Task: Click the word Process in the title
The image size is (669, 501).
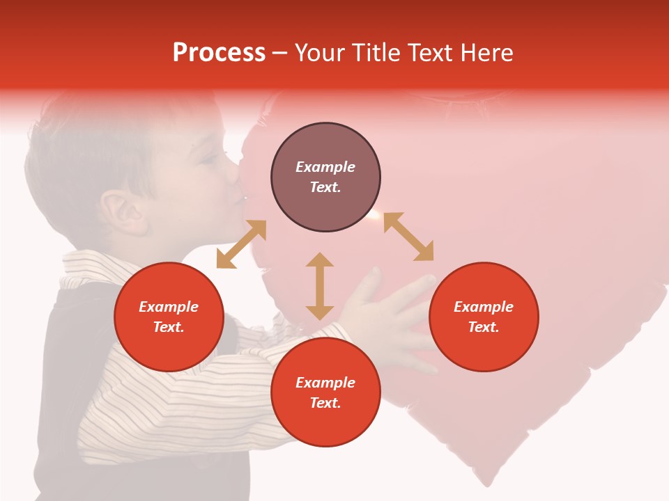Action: pyautogui.click(x=219, y=53)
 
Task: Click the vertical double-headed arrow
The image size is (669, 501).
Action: pyautogui.click(x=320, y=286)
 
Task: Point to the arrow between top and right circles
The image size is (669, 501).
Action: pyautogui.click(x=408, y=237)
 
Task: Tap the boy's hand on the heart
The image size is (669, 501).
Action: pyautogui.click(x=390, y=313)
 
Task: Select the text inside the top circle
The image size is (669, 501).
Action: pyautogui.click(x=325, y=177)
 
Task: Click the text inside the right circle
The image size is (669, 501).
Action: pyautogui.click(x=484, y=317)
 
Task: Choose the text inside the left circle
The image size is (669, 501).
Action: pyautogui.click(x=169, y=317)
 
